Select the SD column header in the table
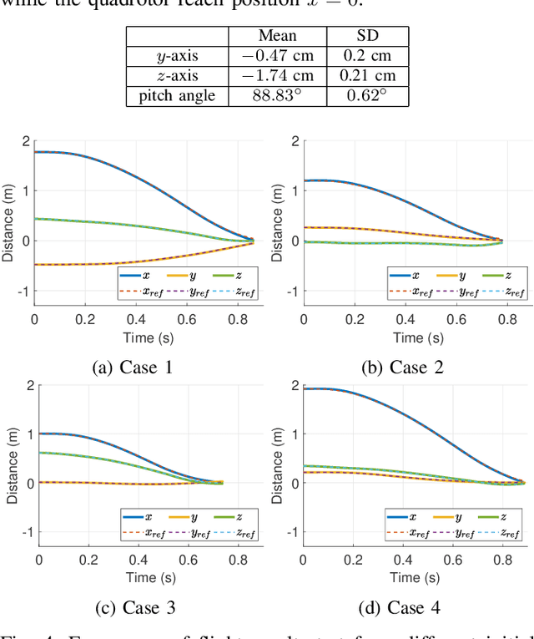[x=367, y=36]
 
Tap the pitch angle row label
[x=176, y=96]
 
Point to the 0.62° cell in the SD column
[x=367, y=96]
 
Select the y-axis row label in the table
[x=176, y=56]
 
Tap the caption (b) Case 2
[x=402, y=366]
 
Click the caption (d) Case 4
[x=402, y=607]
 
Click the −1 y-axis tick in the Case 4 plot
[x=291, y=532]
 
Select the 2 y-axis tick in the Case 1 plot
[x=26, y=141]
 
